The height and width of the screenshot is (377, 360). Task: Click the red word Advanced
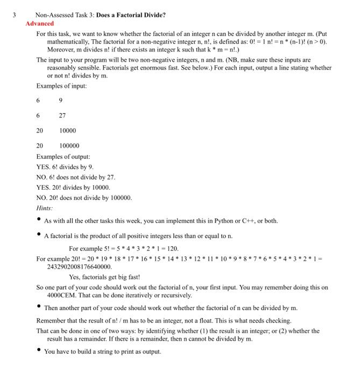point(40,24)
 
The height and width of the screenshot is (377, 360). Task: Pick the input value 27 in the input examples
point(63,115)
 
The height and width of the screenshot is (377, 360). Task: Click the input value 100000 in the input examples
point(69,145)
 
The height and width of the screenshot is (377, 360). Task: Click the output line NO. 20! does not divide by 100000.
point(84,197)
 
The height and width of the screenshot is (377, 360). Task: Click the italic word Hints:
point(45,208)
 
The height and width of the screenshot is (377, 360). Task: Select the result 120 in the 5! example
point(172,248)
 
